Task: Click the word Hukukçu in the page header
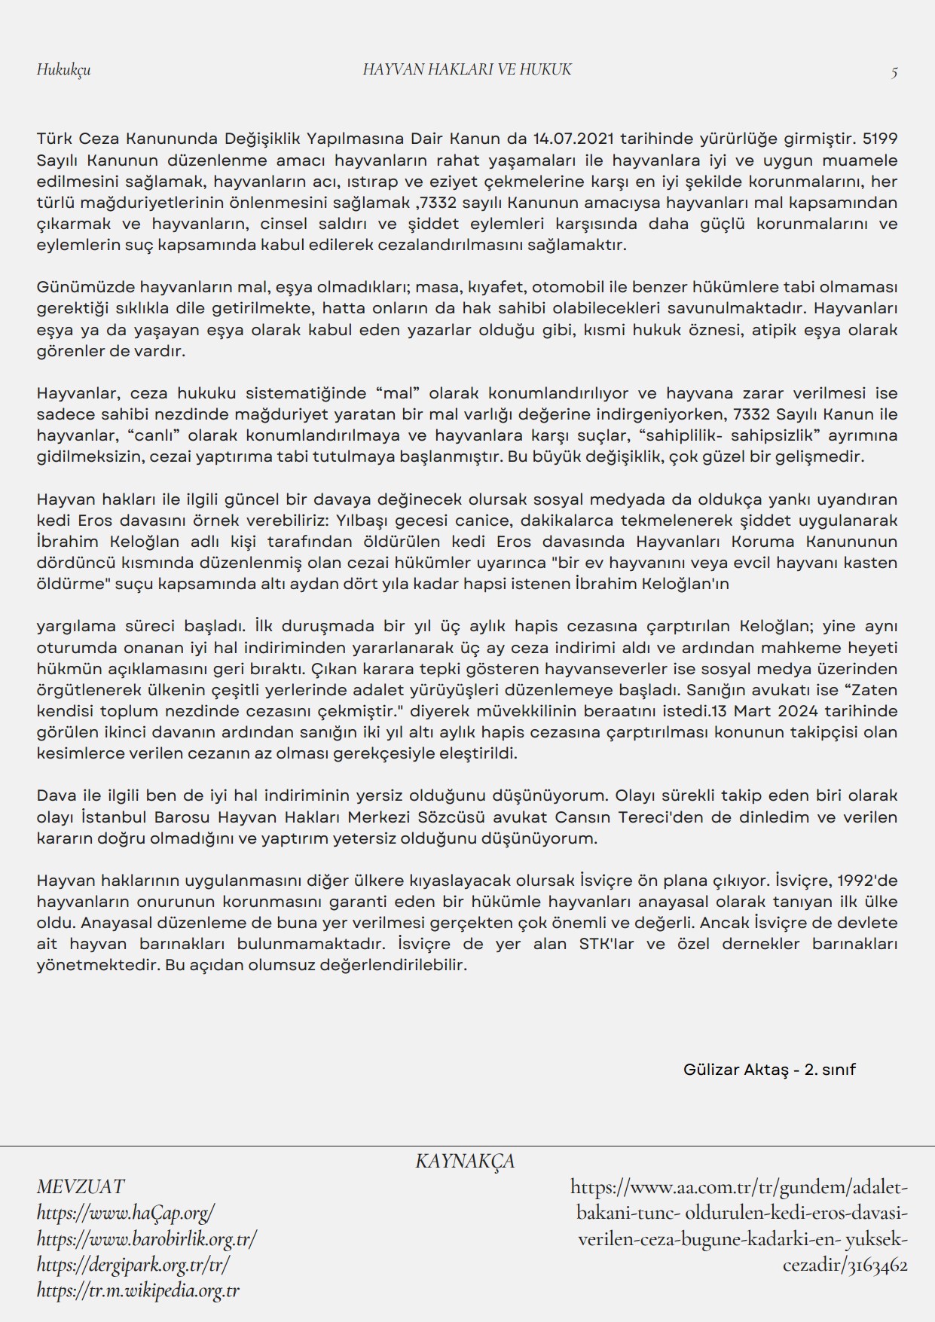63,70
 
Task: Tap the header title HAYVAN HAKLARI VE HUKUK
467,70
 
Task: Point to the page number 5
894,73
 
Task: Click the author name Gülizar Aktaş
735,1070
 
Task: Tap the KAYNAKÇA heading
465,1161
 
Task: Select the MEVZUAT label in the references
80,1186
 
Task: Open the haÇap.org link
126,1213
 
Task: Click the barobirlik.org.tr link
147,1238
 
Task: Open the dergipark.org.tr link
133,1264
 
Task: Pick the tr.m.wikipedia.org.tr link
138,1290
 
